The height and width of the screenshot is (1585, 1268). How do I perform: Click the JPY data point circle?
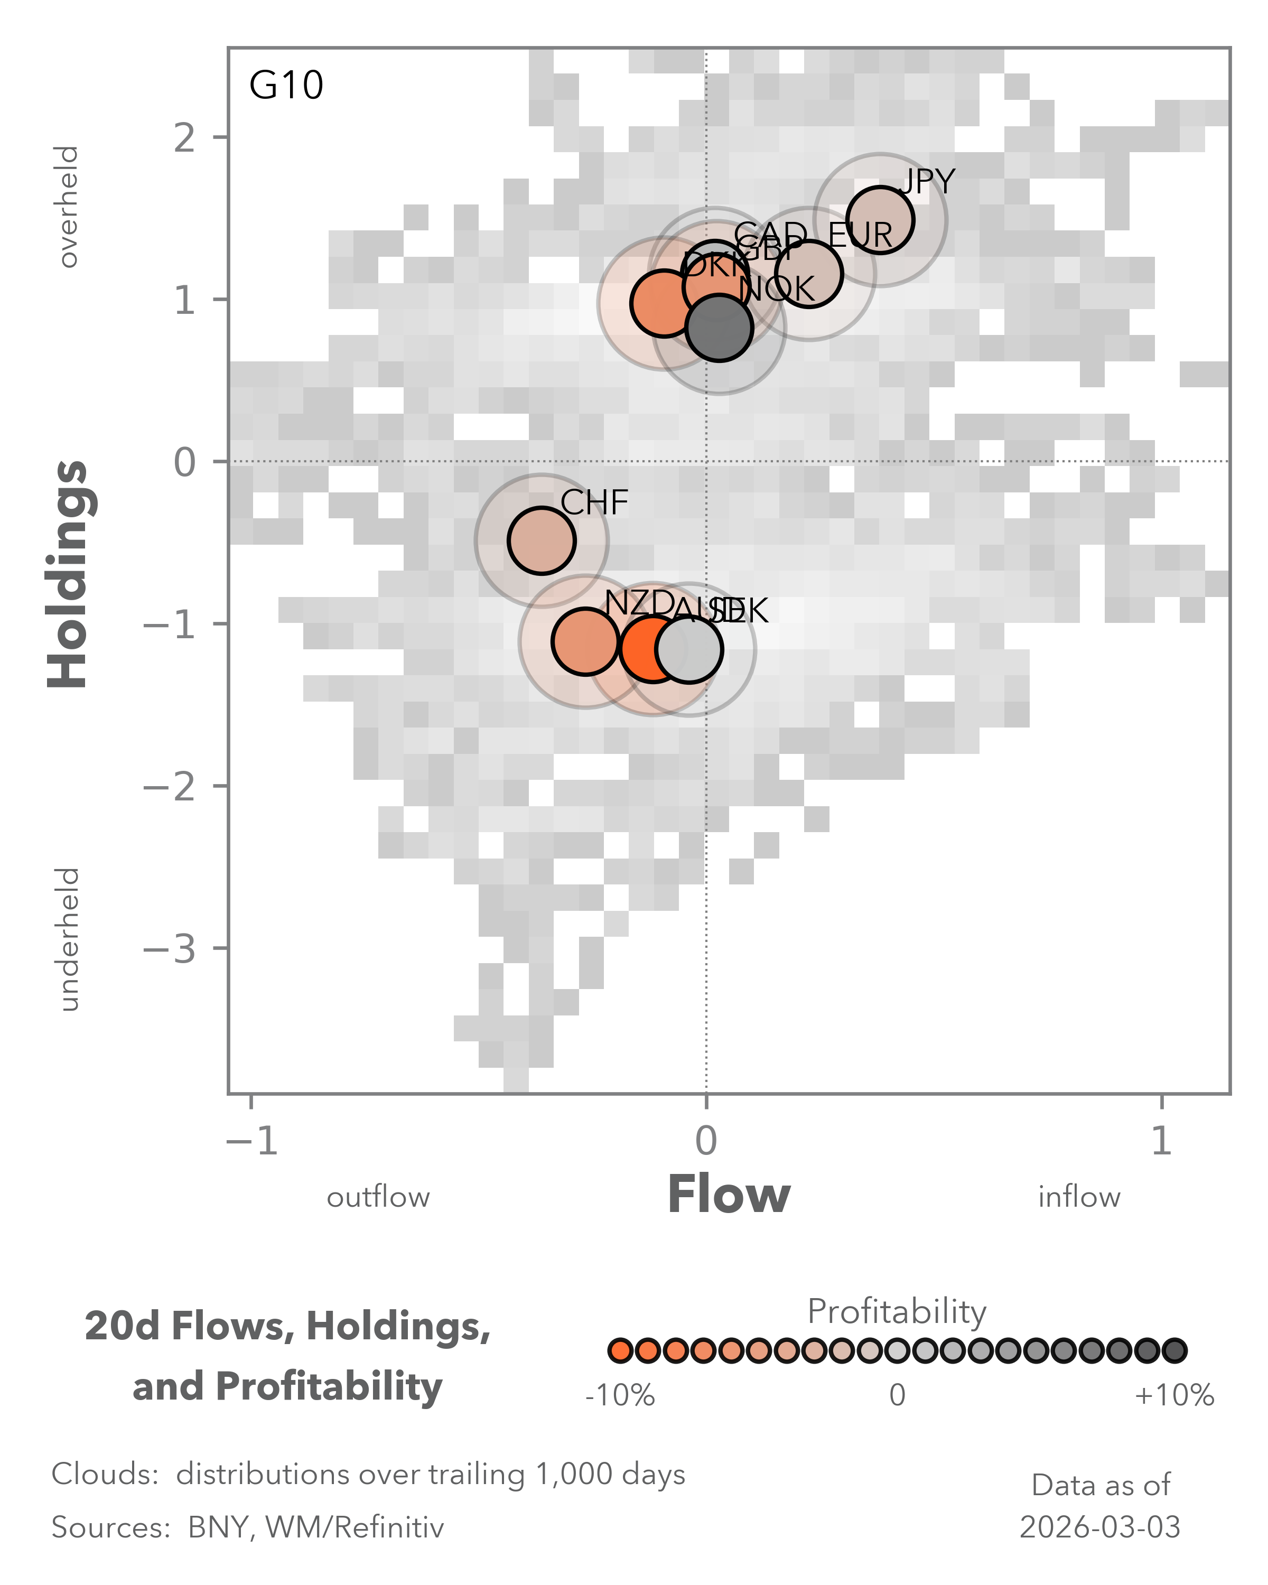pyautogui.click(x=880, y=220)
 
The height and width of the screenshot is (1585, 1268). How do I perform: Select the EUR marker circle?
pyautogui.click(x=808, y=274)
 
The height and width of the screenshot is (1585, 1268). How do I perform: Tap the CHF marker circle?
pyautogui.click(x=541, y=540)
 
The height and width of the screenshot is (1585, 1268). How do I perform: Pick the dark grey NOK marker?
pyautogui.click(x=720, y=328)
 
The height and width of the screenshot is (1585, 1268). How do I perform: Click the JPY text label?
pyautogui.click(x=928, y=182)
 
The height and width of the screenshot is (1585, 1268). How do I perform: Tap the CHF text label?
pyautogui.click(x=594, y=504)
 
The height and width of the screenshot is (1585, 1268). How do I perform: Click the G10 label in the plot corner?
pyautogui.click(x=286, y=85)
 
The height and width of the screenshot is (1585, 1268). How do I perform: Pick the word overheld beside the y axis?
pyautogui.click(x=68, y=207)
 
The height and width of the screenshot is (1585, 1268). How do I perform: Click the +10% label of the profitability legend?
pyautogui.click(x=1174, y=1395)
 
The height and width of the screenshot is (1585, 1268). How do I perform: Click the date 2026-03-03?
pyautogui.click(x=1099, y=1527)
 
